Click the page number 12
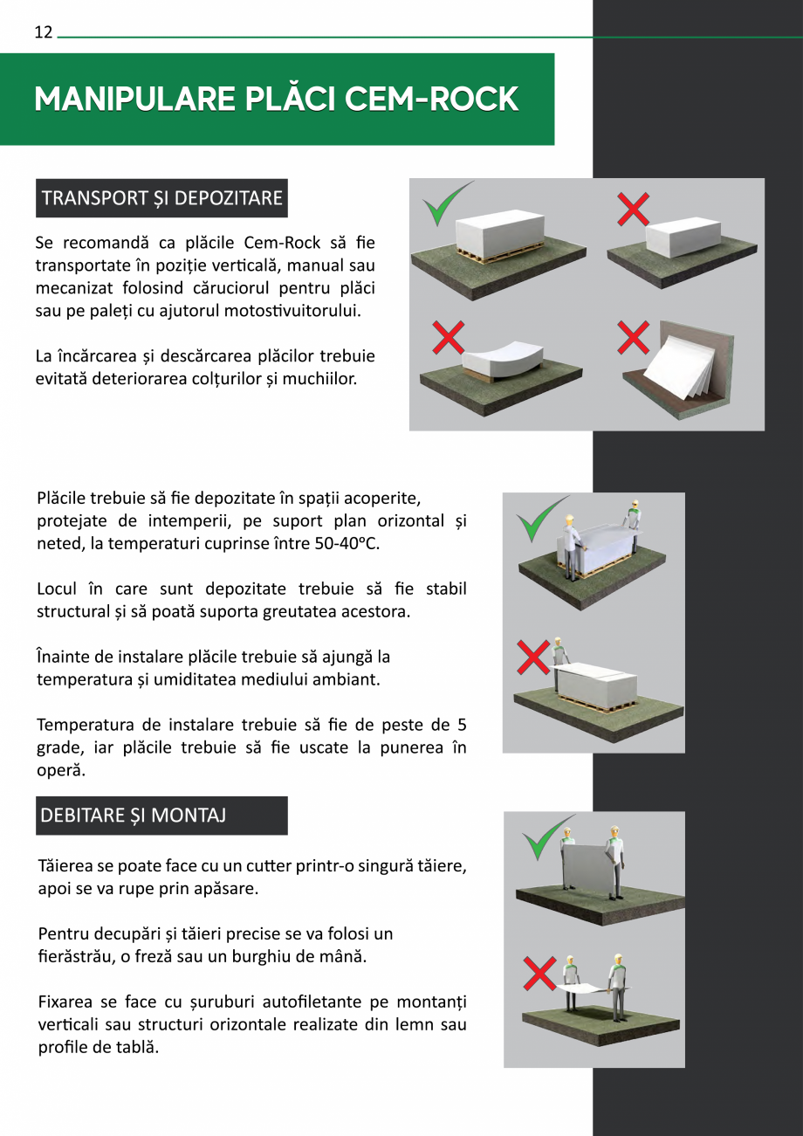coord(44,33)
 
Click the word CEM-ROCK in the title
coord(432,100)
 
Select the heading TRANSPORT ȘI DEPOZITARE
coord(162,198)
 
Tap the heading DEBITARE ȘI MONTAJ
coord(134,816)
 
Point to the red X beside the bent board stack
coord(448,338)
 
